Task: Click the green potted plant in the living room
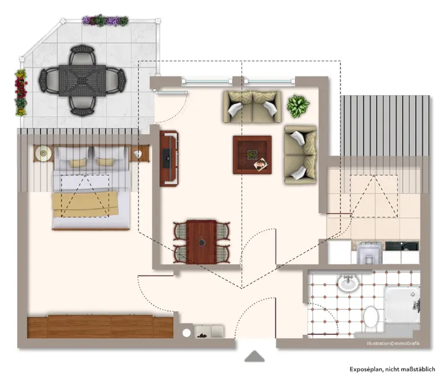click(x=298, y=106)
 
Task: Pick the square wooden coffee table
click(x=252, y=155)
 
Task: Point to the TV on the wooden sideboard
click(x=168, y=158)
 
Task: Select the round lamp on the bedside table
click(x=44, y=153)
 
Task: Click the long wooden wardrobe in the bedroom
click(x=101, y=326)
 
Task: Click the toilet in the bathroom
click(x=371, y=316)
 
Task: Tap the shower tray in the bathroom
click(x=401, y=307)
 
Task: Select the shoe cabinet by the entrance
click(x=208, y=331)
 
